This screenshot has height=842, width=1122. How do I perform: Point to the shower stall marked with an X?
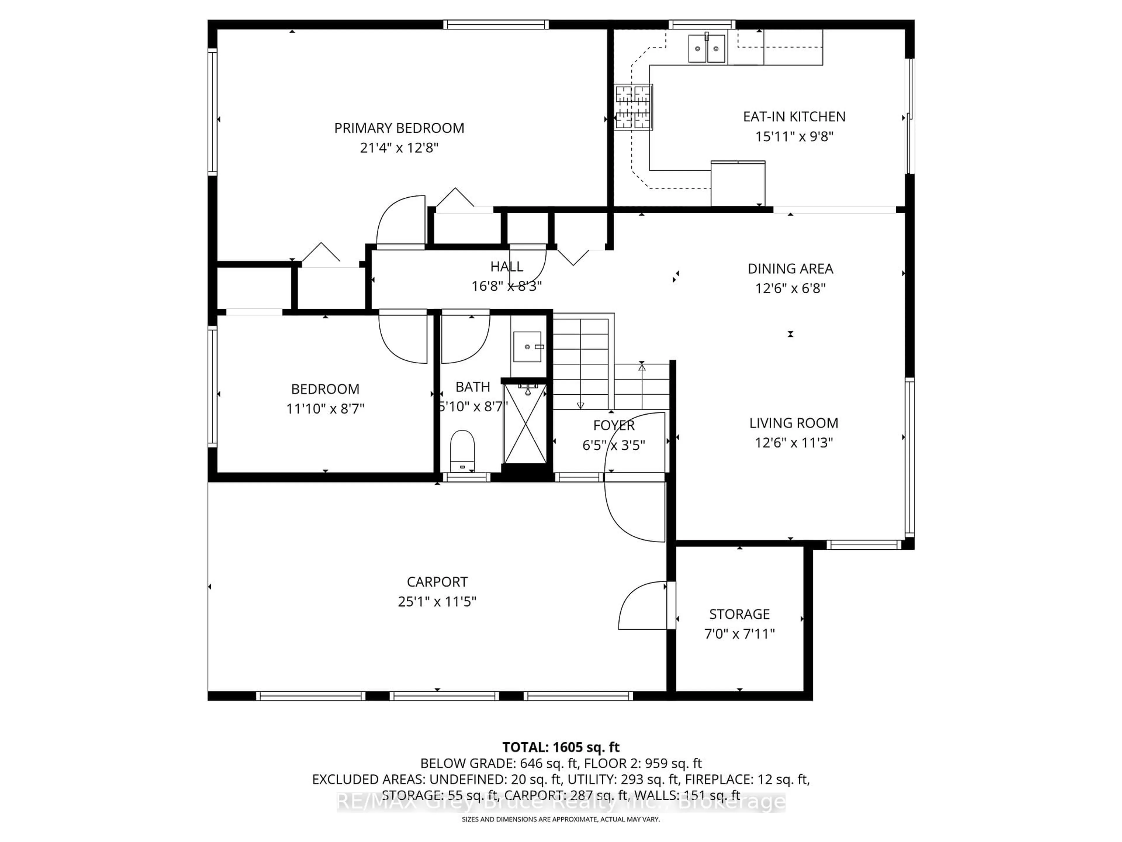point(525,424)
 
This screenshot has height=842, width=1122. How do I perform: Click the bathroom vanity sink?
point(527,347)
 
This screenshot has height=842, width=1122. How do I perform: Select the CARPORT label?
point(437,582)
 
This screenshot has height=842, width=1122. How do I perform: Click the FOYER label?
point(614,425)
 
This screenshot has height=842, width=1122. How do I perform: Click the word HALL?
point(506,266)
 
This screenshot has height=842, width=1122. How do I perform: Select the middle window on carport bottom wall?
point(444,696)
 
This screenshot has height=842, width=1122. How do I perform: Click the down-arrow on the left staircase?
point(580,405)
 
